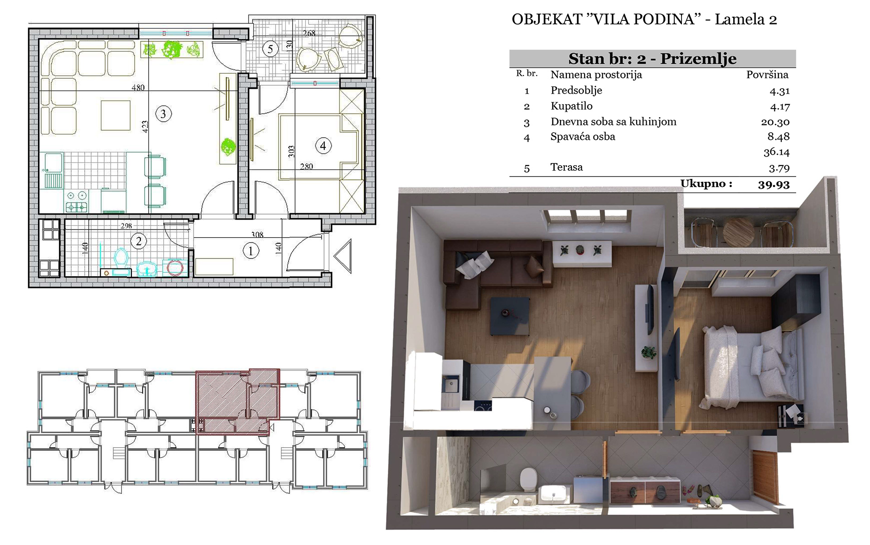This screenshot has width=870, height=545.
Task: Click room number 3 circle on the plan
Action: [164, 114]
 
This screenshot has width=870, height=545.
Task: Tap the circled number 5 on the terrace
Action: [271, 49]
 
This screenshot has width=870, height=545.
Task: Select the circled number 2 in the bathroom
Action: [139, 241]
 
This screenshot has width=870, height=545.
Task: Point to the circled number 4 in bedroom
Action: [323, 146]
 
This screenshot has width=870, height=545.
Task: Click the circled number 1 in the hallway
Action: [251, 251]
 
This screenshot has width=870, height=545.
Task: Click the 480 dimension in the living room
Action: [138, 87]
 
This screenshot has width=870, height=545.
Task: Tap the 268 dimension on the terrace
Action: [309, 33]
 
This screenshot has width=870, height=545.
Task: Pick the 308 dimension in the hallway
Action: [257, 234]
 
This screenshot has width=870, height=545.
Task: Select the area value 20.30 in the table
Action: [775, 122]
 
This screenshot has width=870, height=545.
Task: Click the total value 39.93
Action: [774, 184]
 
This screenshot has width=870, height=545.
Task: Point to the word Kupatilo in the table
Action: [571, 106]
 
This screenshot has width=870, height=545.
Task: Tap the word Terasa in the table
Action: [566, 167]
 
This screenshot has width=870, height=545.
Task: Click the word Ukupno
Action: [706, 183]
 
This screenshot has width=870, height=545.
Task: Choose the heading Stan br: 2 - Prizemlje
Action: [652, 59]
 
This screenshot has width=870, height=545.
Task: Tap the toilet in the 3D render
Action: [528, 479]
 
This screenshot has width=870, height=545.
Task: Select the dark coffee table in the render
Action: [510, 316]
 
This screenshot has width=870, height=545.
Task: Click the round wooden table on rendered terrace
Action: [739, 232]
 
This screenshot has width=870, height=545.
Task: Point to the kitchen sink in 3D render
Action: [451, 385]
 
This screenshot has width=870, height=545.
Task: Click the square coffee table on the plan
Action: [116, 115]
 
